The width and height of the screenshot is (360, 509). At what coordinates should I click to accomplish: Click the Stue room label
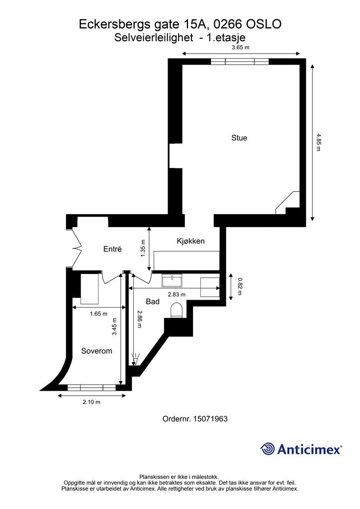pos(239,138)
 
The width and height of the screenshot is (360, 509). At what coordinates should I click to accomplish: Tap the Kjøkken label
pos(190,241)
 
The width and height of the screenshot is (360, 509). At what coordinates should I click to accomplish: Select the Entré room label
pos(112,249)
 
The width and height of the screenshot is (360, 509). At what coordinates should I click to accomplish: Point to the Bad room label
pos(153,302)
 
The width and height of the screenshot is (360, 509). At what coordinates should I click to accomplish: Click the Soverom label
pos(97,351)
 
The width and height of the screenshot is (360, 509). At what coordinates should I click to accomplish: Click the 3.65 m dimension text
pos(241,47)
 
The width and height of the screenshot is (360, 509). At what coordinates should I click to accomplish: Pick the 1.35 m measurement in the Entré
pos(143,249)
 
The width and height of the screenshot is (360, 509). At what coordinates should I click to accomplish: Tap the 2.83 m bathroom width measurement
pos(177,294)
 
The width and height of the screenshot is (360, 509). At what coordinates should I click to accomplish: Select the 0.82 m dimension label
pos(240,286)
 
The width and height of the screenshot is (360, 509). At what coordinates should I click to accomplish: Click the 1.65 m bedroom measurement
pos(98,314)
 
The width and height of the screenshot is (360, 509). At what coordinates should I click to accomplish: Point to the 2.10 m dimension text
pos(91,402)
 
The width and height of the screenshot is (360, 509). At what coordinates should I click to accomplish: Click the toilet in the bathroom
pos(177,310)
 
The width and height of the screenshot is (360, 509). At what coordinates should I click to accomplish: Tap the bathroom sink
pos(172,281)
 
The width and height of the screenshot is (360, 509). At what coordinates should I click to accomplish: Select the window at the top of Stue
pos(240,62)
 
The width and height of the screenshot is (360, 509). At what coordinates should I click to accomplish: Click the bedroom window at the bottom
pos(91,388)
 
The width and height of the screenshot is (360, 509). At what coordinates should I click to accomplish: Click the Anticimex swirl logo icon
pos(267,449)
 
